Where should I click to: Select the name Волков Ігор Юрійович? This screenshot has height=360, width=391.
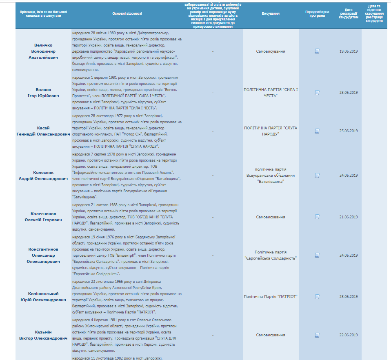pyautogui.click(x=43, y=92)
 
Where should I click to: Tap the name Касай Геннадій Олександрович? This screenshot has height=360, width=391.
pyautogui.click(x=43, y=131)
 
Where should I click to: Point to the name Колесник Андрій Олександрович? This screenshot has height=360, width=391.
pyautogui.click(x=43, y=176)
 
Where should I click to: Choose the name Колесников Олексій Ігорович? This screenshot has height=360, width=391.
pyautogui.click(x=43, y=217)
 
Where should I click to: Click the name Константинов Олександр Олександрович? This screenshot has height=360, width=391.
pyautogui.click(x=43, y=256)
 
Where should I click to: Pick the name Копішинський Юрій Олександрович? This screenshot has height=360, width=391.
pyautogui.click(x=43, y=297)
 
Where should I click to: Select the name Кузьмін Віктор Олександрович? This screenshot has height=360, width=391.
pyautogui.click(x=43, y=335)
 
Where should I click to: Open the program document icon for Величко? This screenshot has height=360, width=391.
pyautogui.click(x=317, y=51)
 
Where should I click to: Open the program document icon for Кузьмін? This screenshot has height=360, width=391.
pyautogui.click(x=317, y=335)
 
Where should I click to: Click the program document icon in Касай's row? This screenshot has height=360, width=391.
pyautogui.click(x=317, y=131)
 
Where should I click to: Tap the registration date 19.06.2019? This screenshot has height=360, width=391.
pyautogui.click(x=348, y=51)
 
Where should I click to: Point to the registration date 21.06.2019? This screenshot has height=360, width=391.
pyautogui.click(x=348, y=217)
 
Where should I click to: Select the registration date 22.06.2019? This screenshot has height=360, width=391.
pyautogui.click(x=348, y=335)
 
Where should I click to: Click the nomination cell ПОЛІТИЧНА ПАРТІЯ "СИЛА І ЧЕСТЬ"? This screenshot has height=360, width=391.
pyautogui.click(x=270, y=92)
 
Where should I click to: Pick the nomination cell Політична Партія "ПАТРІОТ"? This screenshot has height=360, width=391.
pyautogui.click(x=270, y=296)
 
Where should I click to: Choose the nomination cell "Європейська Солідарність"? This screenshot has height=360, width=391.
pyautogui.click(x=270, y=256)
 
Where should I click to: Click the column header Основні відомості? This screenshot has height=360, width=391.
pyautogui.click(x=127, y=13)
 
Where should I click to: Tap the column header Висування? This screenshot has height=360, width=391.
pyautogui.click(x=270, y=13)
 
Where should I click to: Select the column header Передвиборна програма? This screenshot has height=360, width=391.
pyautogui.click(x=317, y=13)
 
